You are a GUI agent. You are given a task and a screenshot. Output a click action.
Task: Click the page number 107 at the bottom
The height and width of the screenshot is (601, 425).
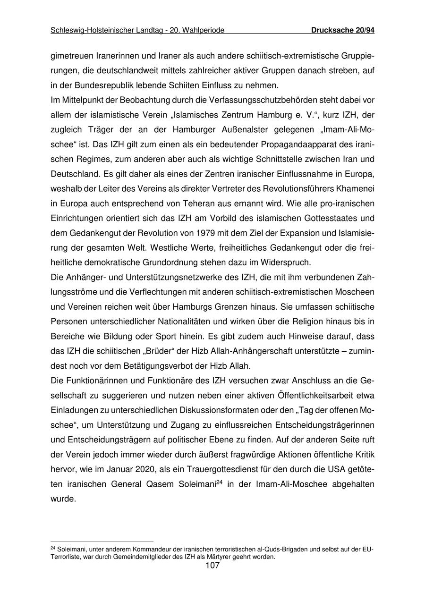point(212,566)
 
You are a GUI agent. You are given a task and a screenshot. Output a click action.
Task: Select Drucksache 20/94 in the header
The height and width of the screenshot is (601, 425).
point(343,31)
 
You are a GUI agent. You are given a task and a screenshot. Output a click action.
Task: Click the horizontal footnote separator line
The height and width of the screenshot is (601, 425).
point(102,542)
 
